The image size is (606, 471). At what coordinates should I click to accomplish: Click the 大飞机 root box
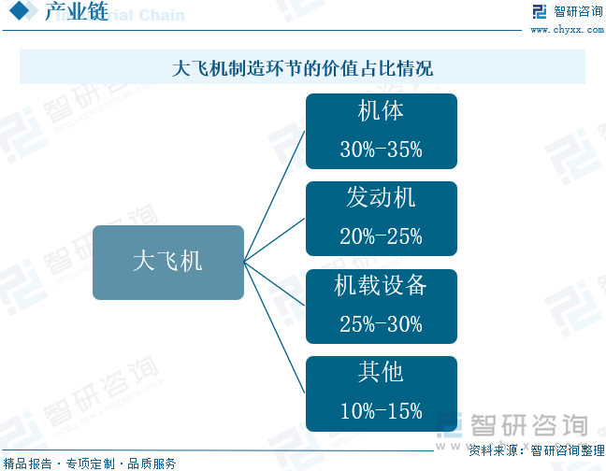tap(167, 262)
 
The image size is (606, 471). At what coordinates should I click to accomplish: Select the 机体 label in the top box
tap(381, 111)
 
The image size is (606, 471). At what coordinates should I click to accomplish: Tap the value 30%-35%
tap(381, 149)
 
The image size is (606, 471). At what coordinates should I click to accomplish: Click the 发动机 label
tap(381, 198)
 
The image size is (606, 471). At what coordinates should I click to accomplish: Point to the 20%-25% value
tap(381, 235)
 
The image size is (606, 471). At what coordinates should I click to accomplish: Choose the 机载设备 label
tap(381, 286)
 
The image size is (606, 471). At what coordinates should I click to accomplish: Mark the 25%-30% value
tap(381, 323)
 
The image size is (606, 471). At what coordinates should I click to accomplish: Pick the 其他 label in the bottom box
tap(381, 373)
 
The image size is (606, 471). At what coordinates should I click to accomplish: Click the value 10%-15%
tap(381, 410)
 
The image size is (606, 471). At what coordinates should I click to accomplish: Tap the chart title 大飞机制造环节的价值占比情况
tap(302, 68)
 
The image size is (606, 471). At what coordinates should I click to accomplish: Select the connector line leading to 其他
tap(276, 327)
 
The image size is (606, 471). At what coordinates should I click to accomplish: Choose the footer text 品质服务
tap(151, 463)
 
